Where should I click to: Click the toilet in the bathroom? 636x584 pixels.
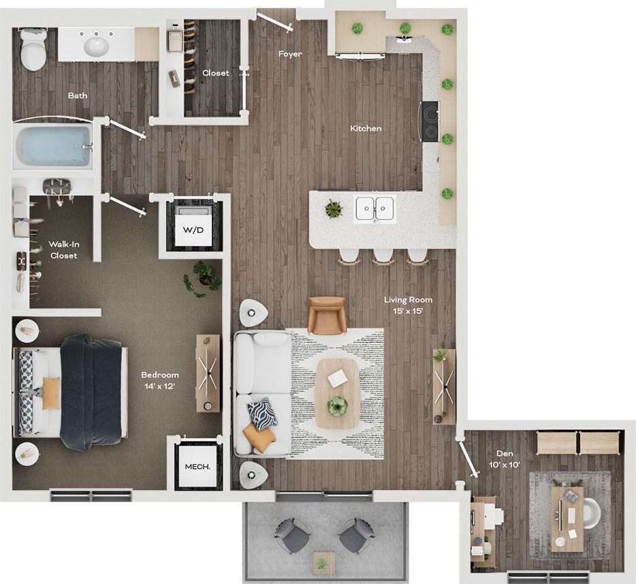click(31, 48)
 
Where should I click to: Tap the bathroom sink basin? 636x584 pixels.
click(96, 46)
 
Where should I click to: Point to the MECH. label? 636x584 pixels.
click(197, 467)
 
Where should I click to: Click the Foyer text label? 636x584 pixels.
click(290, 54)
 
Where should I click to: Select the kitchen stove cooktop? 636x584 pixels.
click(430, 121)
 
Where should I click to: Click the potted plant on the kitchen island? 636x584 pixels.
click(334, 209)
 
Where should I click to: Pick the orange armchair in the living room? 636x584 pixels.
click(327, 314)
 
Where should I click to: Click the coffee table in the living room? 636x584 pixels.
click(337, 393)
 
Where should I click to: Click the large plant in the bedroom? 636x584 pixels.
click(202, 278)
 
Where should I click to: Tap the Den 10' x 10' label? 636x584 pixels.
click(505, 459)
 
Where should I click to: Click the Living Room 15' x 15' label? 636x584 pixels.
click(408, 305)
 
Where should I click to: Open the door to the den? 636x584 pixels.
click(468, 458)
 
